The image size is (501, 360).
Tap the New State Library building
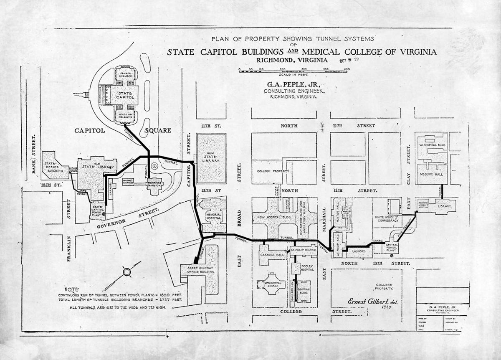tap(211, 158)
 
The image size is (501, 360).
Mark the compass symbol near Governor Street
tap(127, 272)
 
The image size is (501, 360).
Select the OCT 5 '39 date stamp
tap(350, 59)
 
